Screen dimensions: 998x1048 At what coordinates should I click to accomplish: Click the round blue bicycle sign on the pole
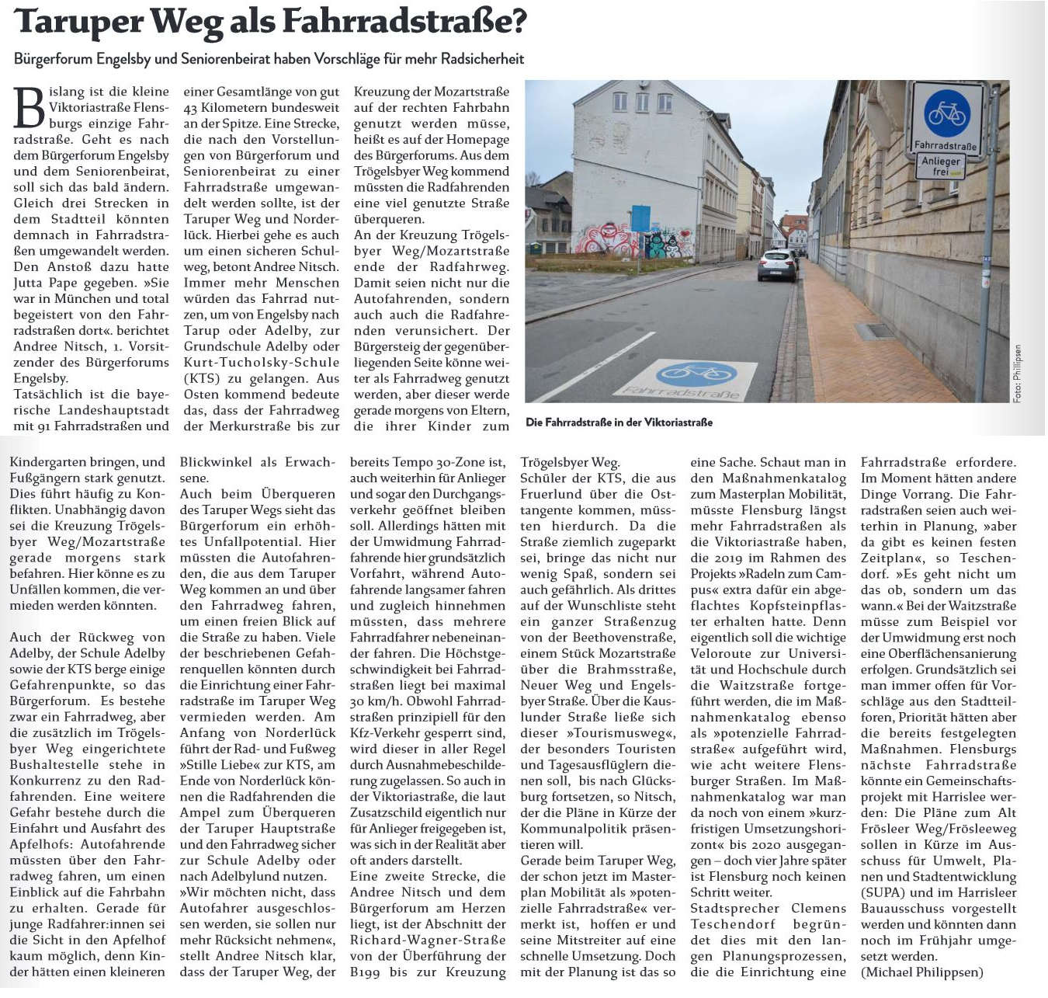pyautogui.click(x=946, y=113)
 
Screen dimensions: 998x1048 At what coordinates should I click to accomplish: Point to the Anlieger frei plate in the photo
pyautogui.click(x=941, y=165)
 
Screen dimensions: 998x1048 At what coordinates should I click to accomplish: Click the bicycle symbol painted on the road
pyautogui.click(x=696, y=374)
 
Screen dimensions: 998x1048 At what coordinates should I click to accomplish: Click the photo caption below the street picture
pyautogui.click(x=619, y=422)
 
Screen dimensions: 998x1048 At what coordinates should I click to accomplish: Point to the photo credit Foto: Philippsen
pyautogui.click(x=1017, y=374)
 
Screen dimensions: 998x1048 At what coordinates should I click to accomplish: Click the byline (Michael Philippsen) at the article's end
pyautogui.click(x=921, y=972)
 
